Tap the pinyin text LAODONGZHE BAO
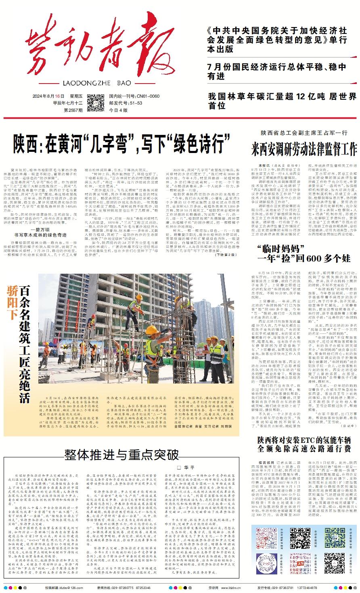tap(98, 83)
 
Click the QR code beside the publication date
tap(96, 103)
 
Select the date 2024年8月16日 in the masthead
tap(48, 96)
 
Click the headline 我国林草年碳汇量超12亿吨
tap(282, 101)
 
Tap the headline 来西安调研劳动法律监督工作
tap(304, 149)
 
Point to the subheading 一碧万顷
tap(43, 229)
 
